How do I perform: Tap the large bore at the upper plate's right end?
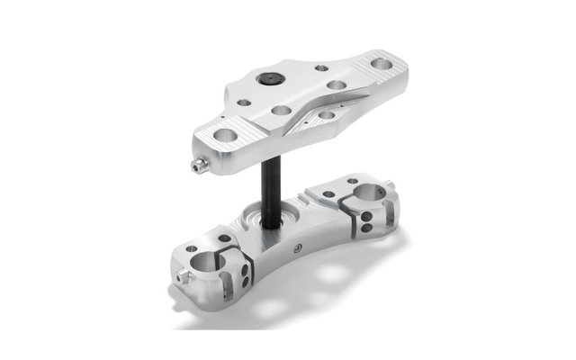click(382, 64)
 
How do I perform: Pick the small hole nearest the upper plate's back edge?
click(321, 67)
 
